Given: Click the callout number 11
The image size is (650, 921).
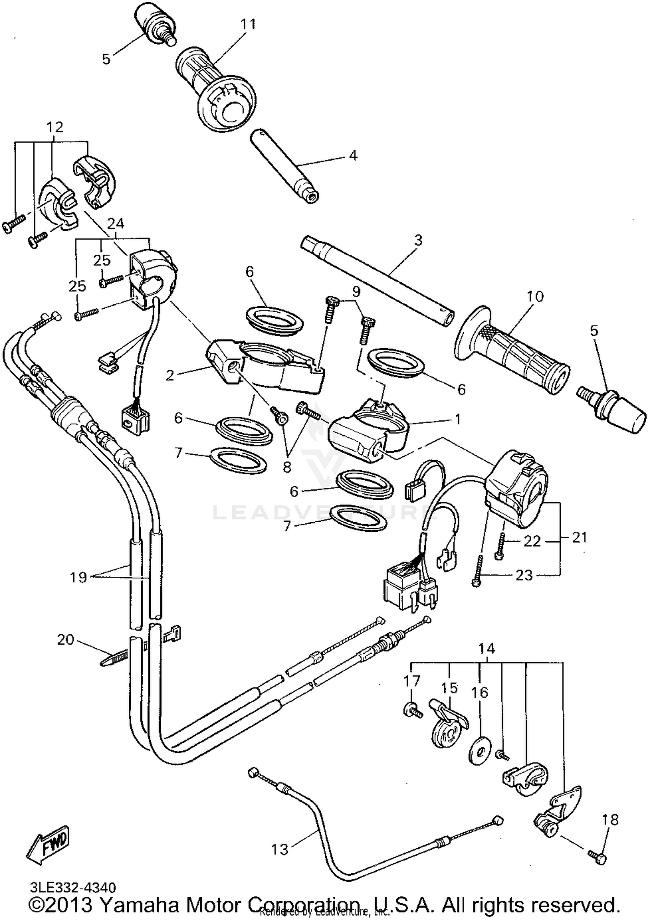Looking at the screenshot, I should pos(248,25).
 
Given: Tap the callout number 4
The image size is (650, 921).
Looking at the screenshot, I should pos(353,155).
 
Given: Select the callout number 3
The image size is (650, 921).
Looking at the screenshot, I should pos(418,240).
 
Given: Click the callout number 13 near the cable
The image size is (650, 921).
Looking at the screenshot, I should pos(279,850).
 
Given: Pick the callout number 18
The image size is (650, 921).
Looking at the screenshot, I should pos(610,820).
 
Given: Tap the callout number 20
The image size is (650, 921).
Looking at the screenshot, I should pos(66,640).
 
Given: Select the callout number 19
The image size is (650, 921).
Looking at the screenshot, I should pos(78,577).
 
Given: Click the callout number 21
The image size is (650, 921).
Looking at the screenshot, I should pos(579,537).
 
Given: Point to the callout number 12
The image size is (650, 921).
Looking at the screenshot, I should pos(55,127).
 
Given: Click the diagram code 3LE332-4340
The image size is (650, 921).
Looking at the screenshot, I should pos(73,888).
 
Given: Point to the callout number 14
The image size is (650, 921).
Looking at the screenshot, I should pos(487,649).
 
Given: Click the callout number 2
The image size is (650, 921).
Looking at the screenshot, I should pos(170,375).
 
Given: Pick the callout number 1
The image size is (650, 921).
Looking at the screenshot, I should pos(458,419).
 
